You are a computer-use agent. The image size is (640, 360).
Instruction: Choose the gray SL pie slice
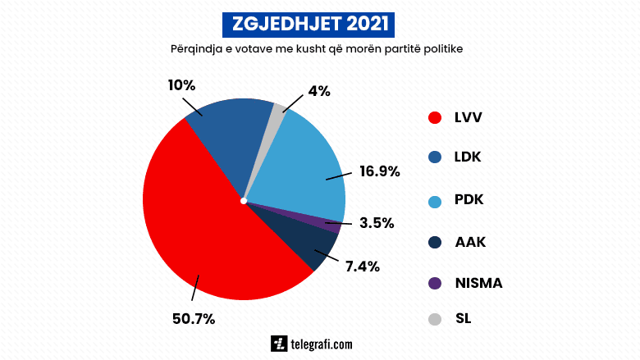[x=277, y=115]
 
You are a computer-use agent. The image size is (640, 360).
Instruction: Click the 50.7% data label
[x=194, y=319]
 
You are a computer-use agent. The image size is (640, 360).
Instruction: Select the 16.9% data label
[x=379, y=171]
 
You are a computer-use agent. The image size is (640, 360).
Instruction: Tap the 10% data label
[x=181, y=84]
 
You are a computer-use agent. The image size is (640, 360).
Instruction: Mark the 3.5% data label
[x=377, y=222]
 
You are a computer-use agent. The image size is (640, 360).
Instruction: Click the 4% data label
[x=319, y=91]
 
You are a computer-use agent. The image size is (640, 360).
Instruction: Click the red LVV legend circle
[x=436, y=117]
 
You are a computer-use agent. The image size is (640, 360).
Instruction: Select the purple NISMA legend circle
[x=436, y=284]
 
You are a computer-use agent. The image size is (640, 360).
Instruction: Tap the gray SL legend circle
[x=436, y=319]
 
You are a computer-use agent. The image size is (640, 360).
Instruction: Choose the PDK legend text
[x=469, y=201]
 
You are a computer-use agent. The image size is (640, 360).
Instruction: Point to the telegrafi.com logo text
[x=322, y=344]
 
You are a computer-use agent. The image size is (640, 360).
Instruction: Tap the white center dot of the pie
[x=244, y=199]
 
